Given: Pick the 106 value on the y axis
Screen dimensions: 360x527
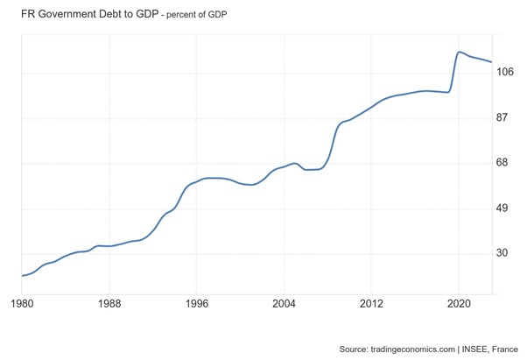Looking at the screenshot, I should click(x=506, y=73).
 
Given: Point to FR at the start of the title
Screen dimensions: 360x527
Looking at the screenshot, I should click(x=29, y=15).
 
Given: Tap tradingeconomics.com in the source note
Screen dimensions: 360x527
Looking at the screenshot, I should click(x=408, y=348).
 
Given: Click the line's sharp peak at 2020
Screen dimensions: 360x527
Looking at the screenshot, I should click(x=460, y=52).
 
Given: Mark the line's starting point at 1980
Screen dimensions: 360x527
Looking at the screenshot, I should click(x=22, y=276).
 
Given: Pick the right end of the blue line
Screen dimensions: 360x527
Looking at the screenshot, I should click(x=493, y=62).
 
